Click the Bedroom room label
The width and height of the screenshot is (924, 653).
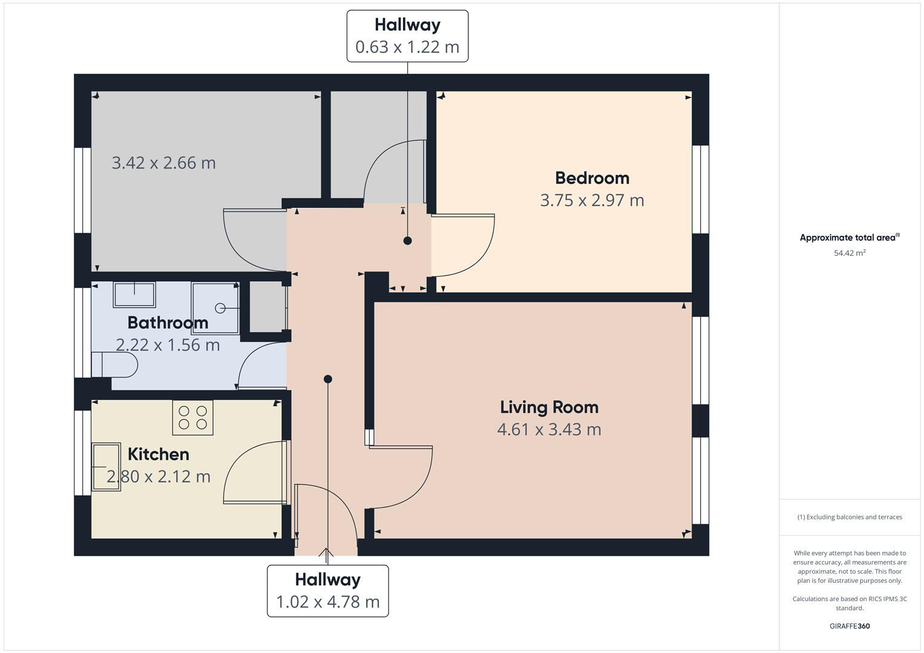click(x=592, y=178)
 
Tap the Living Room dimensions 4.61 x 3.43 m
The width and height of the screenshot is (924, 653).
click(x=549, y=429)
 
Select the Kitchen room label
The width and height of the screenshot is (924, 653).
click(x=159, y=454)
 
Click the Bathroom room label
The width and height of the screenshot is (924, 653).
click(x=168, y=323)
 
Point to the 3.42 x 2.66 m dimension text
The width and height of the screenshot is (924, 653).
click(x=163, y=163)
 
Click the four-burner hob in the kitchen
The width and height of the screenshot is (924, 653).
click(x=192, y=418)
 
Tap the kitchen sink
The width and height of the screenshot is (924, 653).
click(x=106, y=467)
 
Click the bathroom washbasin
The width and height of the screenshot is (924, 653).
click(x=134, y=294)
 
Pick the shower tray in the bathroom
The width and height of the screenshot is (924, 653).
click(x=215, y=308)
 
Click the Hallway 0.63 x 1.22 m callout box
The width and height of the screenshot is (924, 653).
click(x=407, y=36)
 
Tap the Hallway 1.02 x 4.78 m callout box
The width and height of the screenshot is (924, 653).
click(x=327, y=591)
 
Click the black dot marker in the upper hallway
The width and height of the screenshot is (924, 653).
click(x=407, y=241)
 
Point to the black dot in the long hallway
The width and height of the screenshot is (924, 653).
click(x=328, y=379)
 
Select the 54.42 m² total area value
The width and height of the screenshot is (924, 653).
click(x=850, y=253)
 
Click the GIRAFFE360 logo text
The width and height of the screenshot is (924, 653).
click(x=850, y=626)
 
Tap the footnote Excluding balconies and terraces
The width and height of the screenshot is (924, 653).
click(x=850, y=517)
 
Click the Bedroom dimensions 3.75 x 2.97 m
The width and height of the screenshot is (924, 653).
click(x=592, y=200)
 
